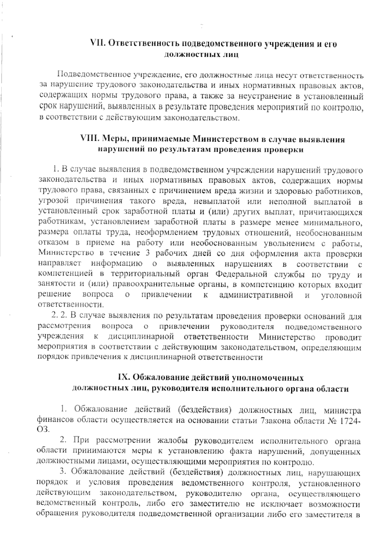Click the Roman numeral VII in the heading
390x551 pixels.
coord(97,44)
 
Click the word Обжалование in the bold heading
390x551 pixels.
coord(159,378)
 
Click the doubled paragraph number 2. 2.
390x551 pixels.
coord(59,316)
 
